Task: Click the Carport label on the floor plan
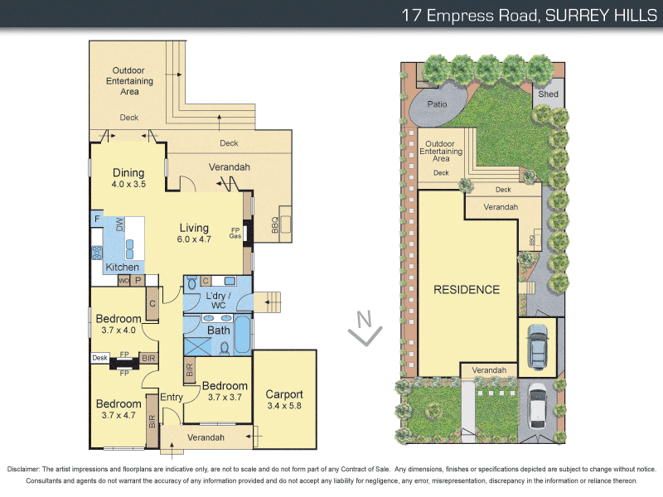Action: click(x=284, y=394)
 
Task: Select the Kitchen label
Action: click(x=122, y=268)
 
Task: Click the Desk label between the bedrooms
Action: click(x=99, y=358)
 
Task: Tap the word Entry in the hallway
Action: click(x=172, y=398)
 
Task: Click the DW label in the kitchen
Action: click(x=120, y=224)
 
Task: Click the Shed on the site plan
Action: click(x=548, y=94)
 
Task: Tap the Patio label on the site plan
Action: click(x=437, y=105)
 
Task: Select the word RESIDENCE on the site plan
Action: click(x=467, y=290)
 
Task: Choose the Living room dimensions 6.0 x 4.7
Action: click(x=195, y=239)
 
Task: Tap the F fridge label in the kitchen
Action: click(x=97, y=219)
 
